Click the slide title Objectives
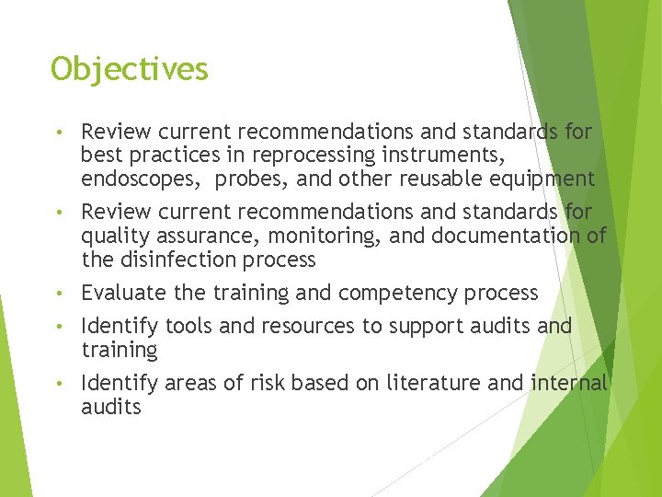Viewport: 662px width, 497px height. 130,69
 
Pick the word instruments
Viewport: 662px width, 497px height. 464,156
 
